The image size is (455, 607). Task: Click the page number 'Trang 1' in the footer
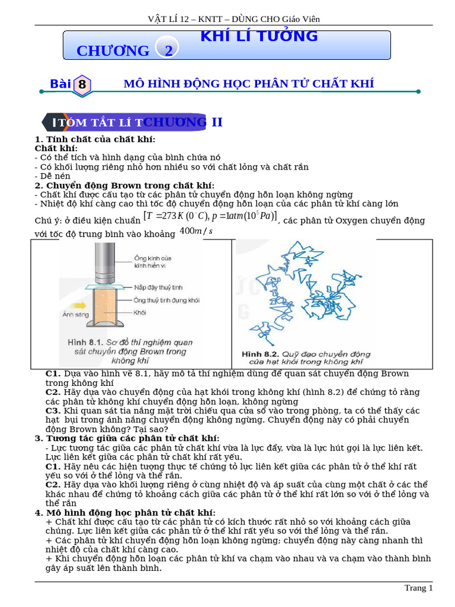[418, 588]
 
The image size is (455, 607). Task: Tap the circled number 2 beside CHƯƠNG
[169, 50]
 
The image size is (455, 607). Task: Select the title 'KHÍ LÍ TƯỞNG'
[259, 36]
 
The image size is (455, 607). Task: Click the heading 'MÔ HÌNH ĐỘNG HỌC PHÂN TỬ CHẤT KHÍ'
[248, 84]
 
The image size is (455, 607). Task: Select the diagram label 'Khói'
[140, 312]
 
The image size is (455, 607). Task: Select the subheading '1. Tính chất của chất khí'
[95, 139]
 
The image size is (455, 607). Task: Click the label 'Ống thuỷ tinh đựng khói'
[166, 301]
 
